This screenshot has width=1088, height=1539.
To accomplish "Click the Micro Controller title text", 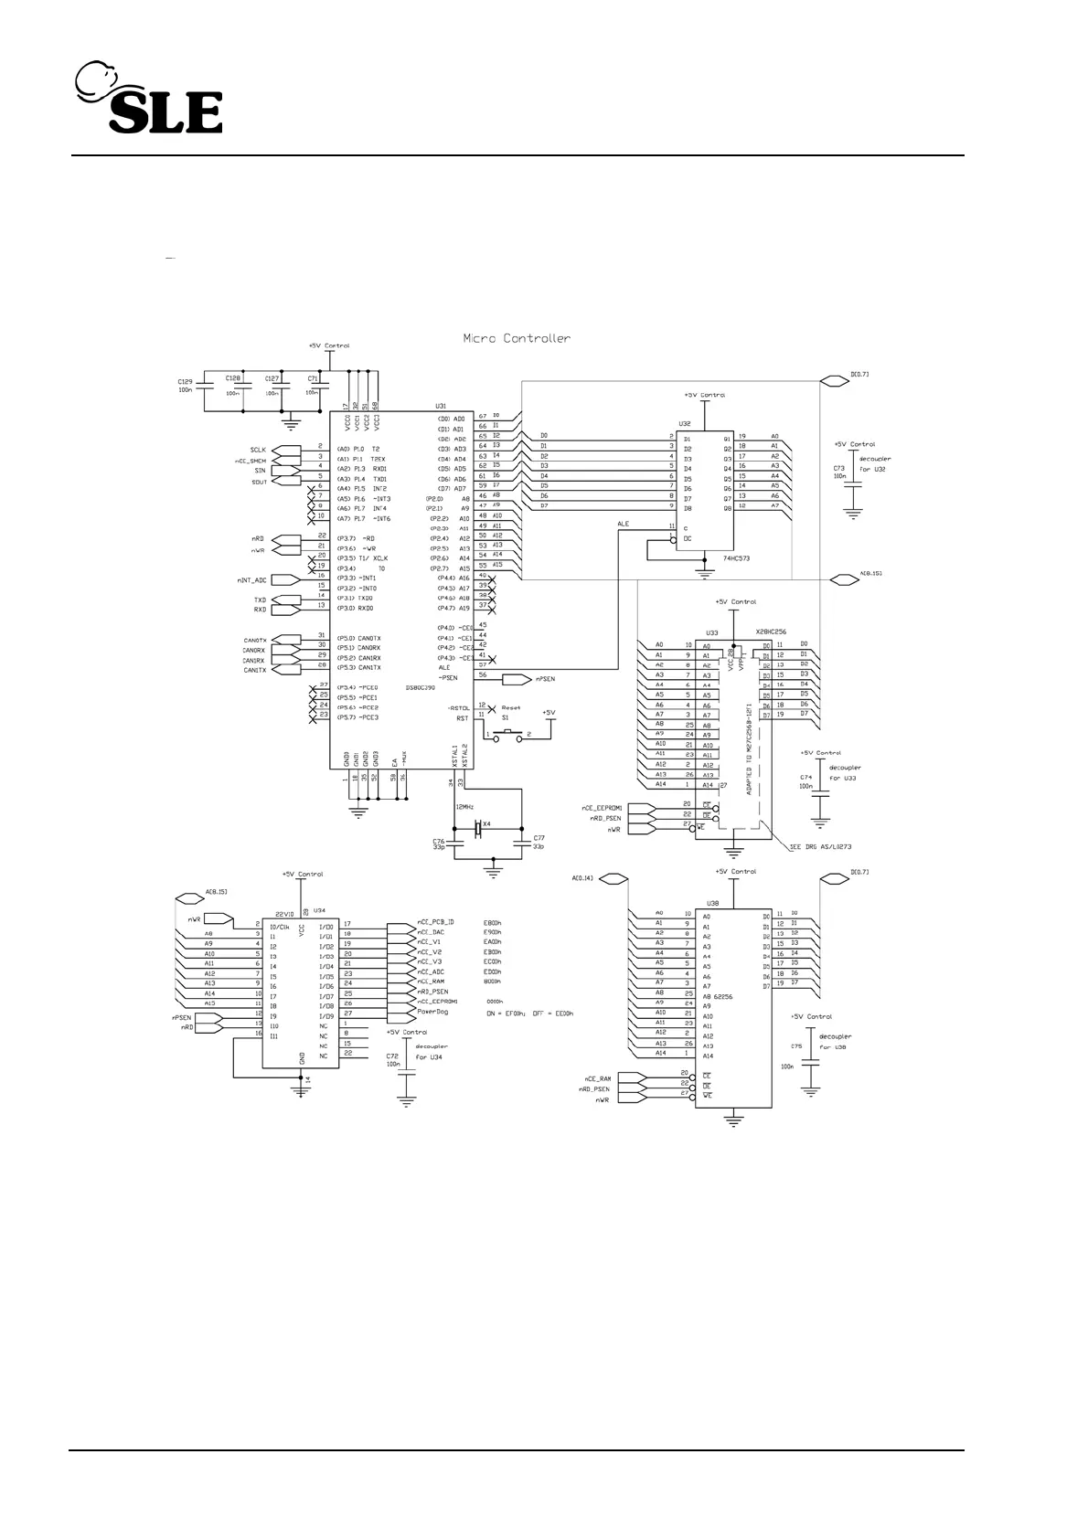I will (x=517, y=338).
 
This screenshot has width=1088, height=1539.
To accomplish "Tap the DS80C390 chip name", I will (x=420, y=688).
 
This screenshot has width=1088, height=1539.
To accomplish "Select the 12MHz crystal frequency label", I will (x=464, y=807).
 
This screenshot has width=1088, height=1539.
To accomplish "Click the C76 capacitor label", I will (x=438, y=839).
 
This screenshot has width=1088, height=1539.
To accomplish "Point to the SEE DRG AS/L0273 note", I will (x=820, y=846).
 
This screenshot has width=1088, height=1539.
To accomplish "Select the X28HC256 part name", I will (x=772, y=632).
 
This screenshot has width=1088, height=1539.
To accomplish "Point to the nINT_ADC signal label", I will (x=251, y=579).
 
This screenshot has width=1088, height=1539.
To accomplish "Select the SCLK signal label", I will (x=258, y=450).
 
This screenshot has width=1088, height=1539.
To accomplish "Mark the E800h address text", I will (x=492, y=923).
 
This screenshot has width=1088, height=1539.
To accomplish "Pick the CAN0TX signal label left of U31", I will (x=254, y=640).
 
